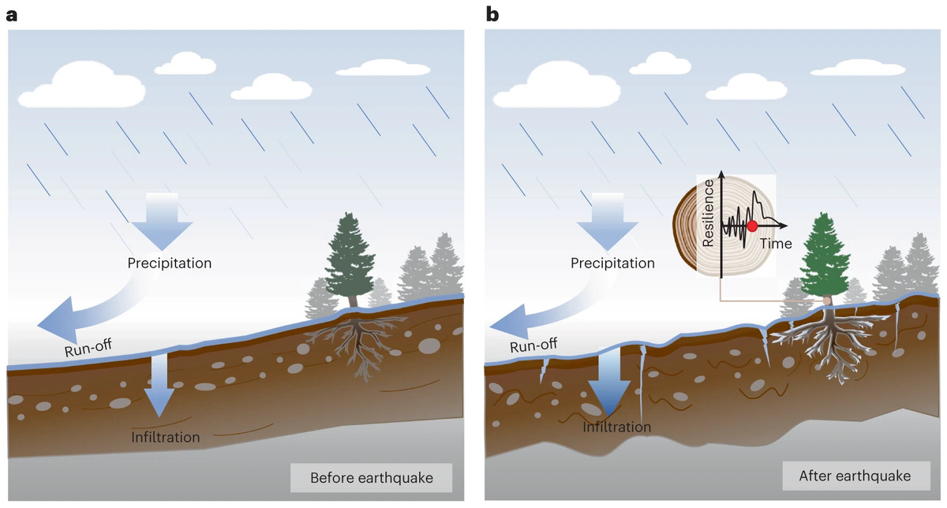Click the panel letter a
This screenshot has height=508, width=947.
point(12,14)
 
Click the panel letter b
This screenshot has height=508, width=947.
point(492,13)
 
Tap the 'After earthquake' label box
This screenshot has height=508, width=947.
point(854,476)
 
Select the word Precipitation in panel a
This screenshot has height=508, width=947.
point(170,263)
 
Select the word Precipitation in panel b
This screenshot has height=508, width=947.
point(612,263)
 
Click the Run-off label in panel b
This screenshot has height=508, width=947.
point(533,345)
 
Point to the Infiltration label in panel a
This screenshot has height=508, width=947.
point(166,436)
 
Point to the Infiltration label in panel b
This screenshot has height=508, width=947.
point(617,428)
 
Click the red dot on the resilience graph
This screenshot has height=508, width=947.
point(752,226)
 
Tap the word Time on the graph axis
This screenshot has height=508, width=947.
point(776,244)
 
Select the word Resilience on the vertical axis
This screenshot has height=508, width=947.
point(709,213)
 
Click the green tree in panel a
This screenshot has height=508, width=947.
point(350,256)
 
